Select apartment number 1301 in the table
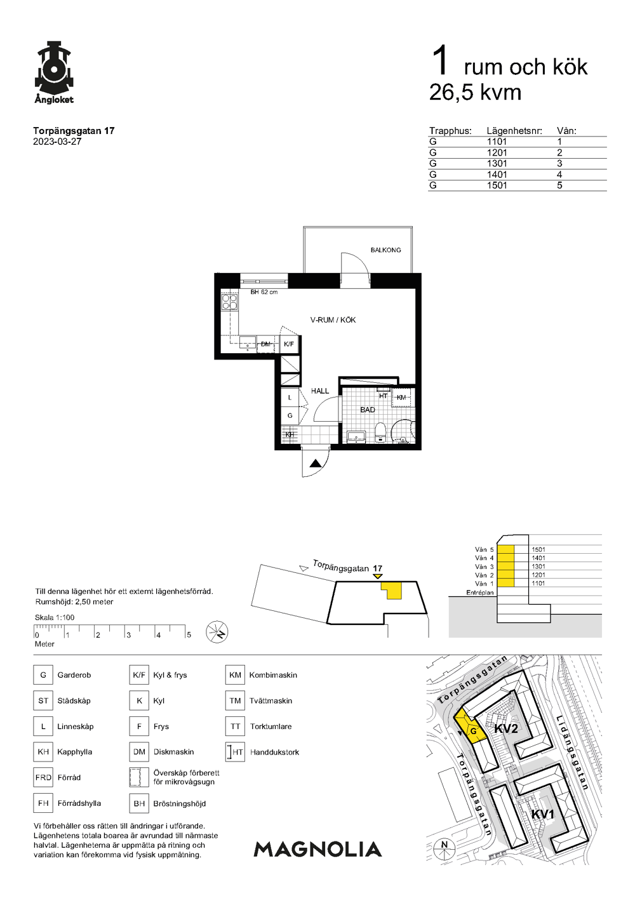tap(497, 164)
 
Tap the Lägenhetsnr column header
tap(514, 131)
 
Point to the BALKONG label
tap(385, 250)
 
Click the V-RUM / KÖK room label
tap(333, 320)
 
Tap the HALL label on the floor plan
tap(320, 391)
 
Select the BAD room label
tap(368, 410)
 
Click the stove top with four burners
tap(230, 302)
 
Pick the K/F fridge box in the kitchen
tap(289, 344)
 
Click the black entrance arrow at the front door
tap(316, 464)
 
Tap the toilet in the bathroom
tap(380, 432)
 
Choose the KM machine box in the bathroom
tap(403, 398)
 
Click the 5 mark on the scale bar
tap(189, 634)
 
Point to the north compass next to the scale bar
tap(217, 633)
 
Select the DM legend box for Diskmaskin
tap(139, 752)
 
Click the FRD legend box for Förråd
tap(43, 777)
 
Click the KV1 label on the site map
tap(543, 815)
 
